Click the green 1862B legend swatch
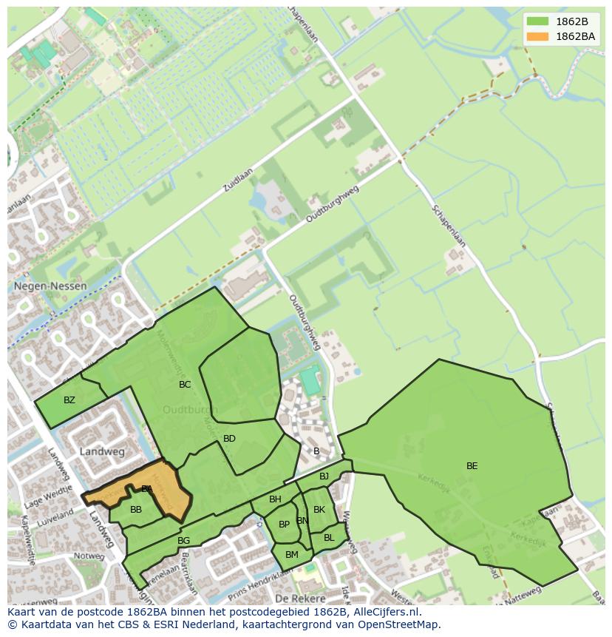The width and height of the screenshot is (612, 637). click(x=538, y=22)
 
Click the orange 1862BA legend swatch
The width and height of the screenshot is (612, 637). click(x=538, y=36)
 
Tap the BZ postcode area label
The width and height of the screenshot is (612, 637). click(x=69, y=400)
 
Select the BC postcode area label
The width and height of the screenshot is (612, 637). click(x=185, y=385)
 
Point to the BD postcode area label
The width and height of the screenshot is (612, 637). click(x=229, y=439)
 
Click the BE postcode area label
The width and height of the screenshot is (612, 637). click(x=472, y=466)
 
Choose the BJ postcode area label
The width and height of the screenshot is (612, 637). click(x=324, y=476)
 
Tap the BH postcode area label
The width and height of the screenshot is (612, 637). click(x=275, y=499)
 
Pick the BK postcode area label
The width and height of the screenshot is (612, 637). click(x=319, y=510)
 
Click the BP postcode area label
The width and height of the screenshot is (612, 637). click(x=284, y=525)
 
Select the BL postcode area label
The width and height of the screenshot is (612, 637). click(x=329, y=538)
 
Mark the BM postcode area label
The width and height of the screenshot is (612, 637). click(x=291, y=555)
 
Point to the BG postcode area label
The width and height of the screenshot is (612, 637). click(x=184, y=541)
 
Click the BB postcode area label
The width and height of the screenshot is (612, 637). click(x=136, y=510)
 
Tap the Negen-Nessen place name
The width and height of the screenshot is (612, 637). click(x=50, y=286)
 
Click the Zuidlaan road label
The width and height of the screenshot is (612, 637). click(x=238, y=180)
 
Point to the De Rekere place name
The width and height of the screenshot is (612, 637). click(x=300, y=597)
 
